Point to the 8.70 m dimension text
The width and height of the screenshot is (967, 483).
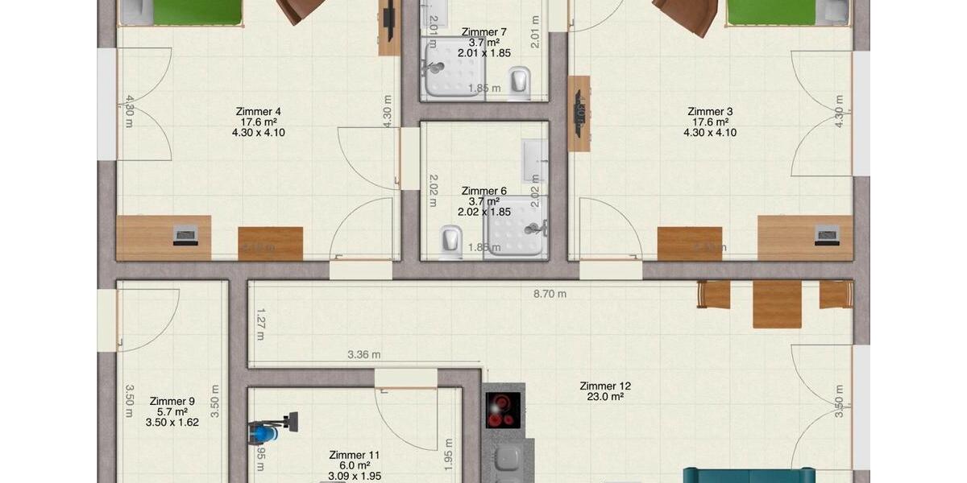550,294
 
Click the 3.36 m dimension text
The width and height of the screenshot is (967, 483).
364,354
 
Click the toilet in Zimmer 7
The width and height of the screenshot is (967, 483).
520,80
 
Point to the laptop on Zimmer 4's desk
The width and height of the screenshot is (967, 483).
185,236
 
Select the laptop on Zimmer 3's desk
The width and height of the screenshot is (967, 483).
828,236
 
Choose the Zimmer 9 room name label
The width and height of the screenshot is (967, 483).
172,401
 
